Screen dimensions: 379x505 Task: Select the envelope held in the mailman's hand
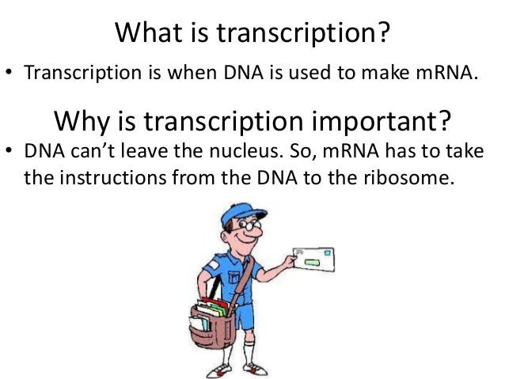[x=312, y=259]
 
